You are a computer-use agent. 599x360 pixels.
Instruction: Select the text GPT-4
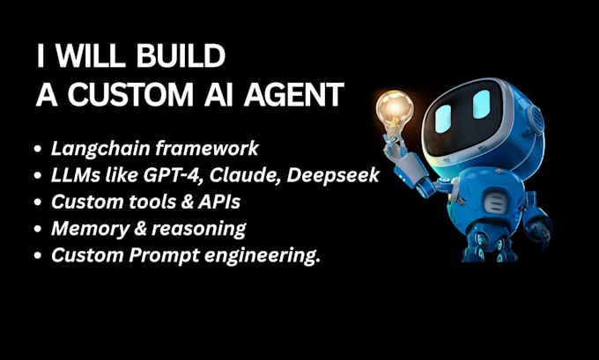click(176, 176)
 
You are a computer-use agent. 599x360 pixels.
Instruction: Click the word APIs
click(214, 202)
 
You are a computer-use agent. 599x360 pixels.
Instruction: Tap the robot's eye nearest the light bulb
click(442, 119)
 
